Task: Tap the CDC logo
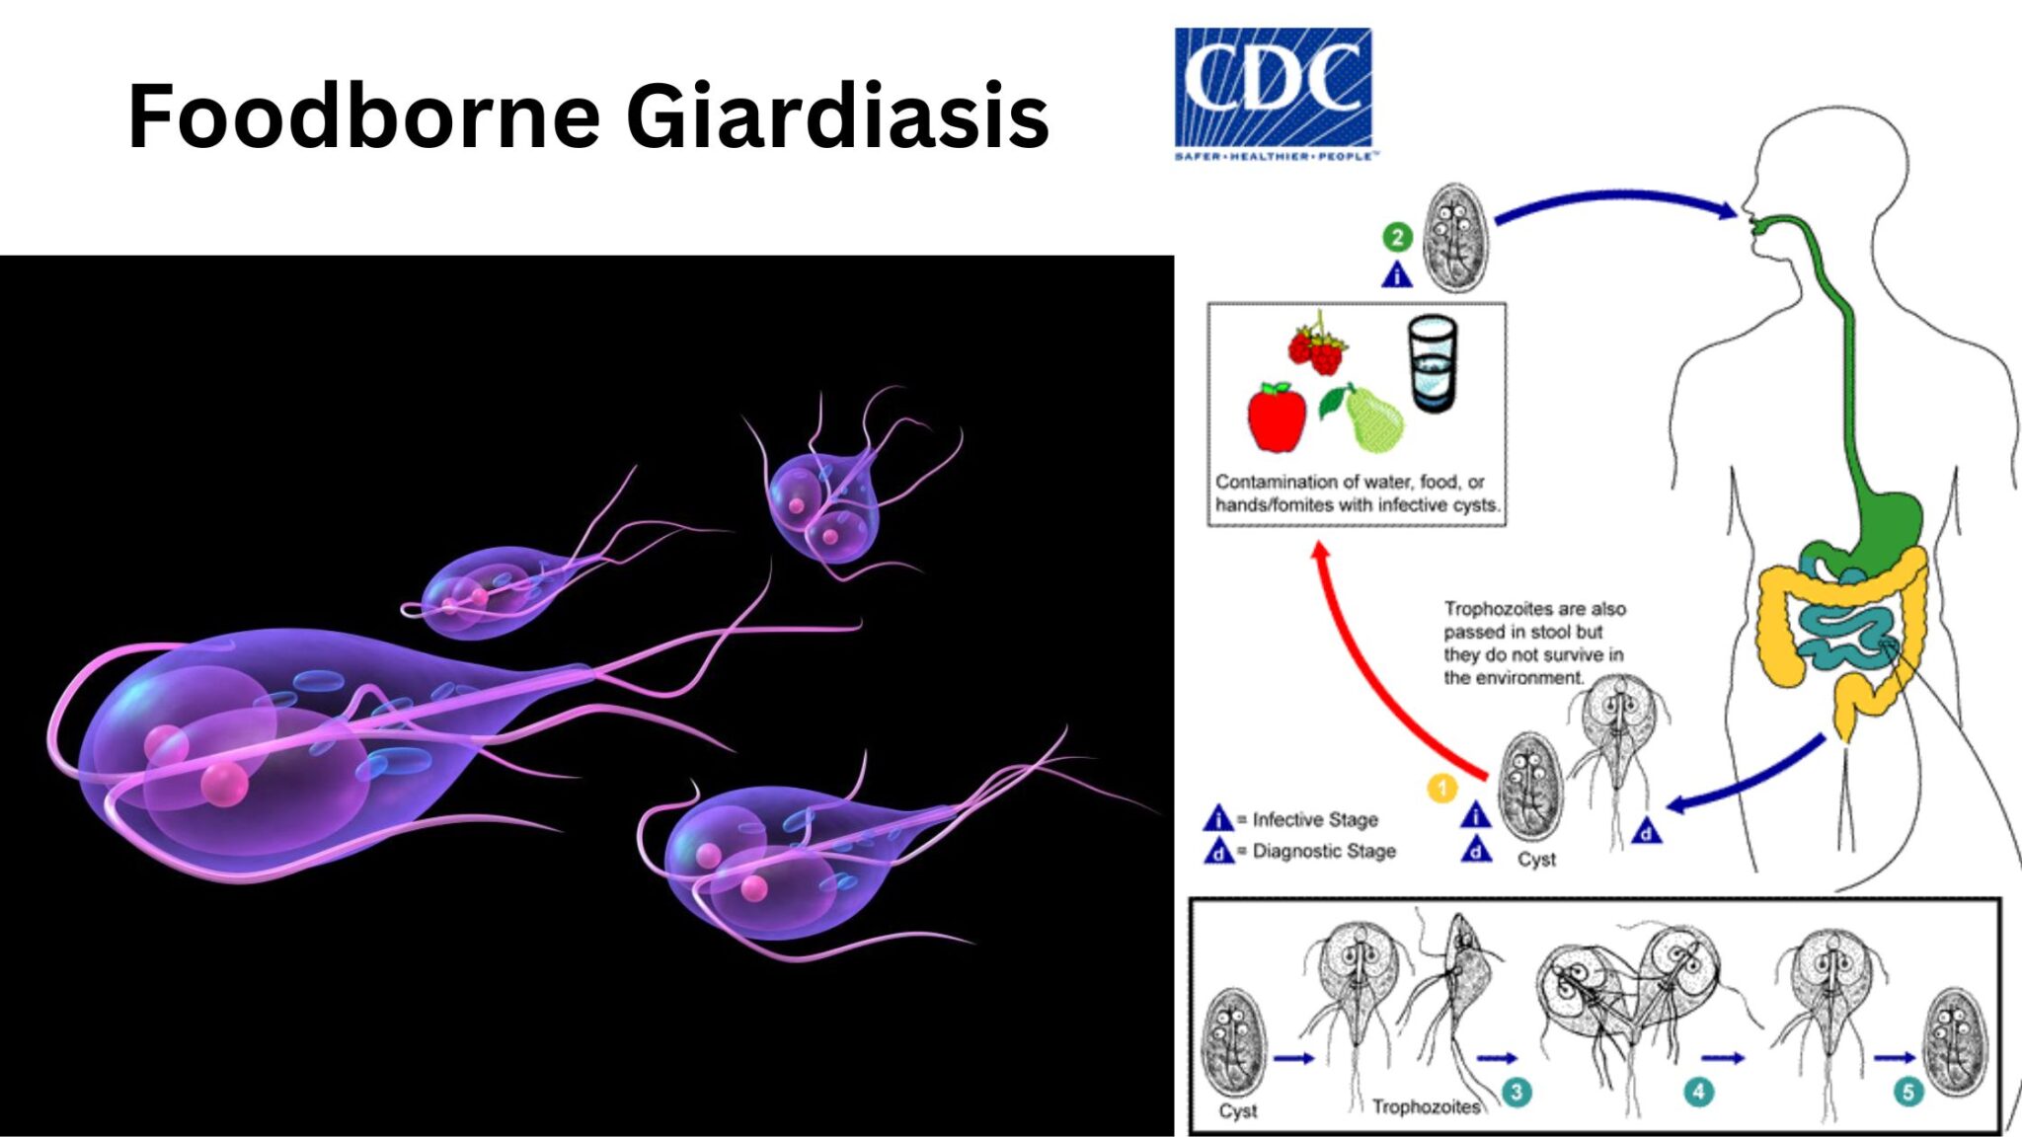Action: point(1273,92)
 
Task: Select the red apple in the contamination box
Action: point(1276,417)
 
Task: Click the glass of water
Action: point(1432,362)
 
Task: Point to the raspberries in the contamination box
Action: point(1317,345)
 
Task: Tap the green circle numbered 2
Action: point(1397,237)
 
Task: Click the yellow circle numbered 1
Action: point(1442,789)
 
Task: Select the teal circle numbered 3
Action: point(1516,1092)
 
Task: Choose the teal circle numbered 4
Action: point(1698,1092)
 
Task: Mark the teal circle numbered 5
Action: point(1907,1092)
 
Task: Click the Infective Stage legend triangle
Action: point(1218,819)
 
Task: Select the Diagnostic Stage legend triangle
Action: point(1218,851)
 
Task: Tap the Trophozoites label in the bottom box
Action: point(1426,1107)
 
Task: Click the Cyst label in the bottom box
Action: point(1237,1111)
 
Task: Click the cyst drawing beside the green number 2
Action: point(1454,237)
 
